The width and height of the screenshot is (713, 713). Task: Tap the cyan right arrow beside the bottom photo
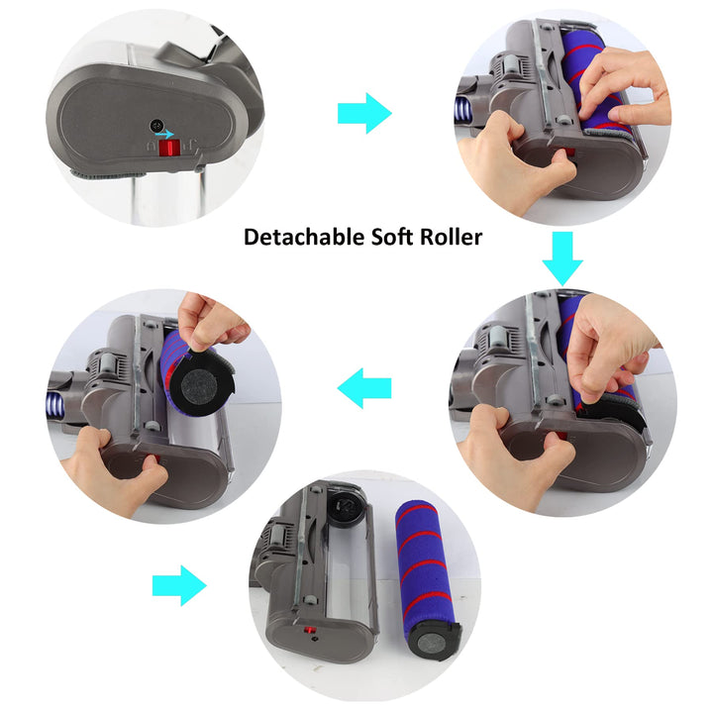[179, 586]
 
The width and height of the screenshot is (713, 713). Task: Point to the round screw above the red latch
[156, 126]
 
